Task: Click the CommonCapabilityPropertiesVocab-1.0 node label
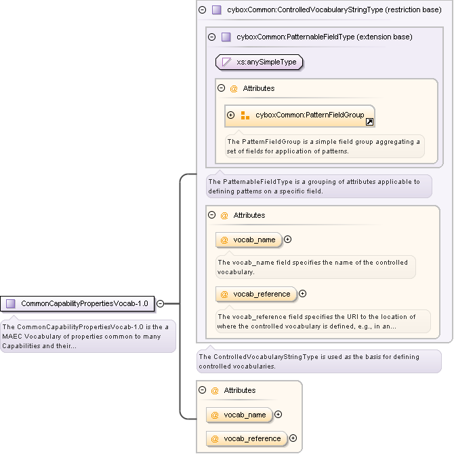(x=84, y=303)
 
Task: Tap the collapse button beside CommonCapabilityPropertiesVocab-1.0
(x=161, y=303)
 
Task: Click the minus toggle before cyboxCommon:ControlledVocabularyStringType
(x=202, y=10)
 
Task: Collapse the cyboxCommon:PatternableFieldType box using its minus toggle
(x=211, y=37)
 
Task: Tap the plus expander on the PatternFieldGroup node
(x=231, y=115)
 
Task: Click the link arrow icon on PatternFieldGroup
(x=369, y=122)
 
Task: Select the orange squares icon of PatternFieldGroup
(x=245, y=115)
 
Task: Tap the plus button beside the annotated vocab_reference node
(x=302, y=294)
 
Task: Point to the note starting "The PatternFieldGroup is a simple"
(x=324, y=146)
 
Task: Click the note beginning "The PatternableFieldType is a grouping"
(x=318, y=186)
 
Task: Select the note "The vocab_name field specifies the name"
(x=315, y=266)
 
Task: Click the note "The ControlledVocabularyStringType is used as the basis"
(x=318, y=361)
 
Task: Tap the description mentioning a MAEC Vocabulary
(x=88, y=336)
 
